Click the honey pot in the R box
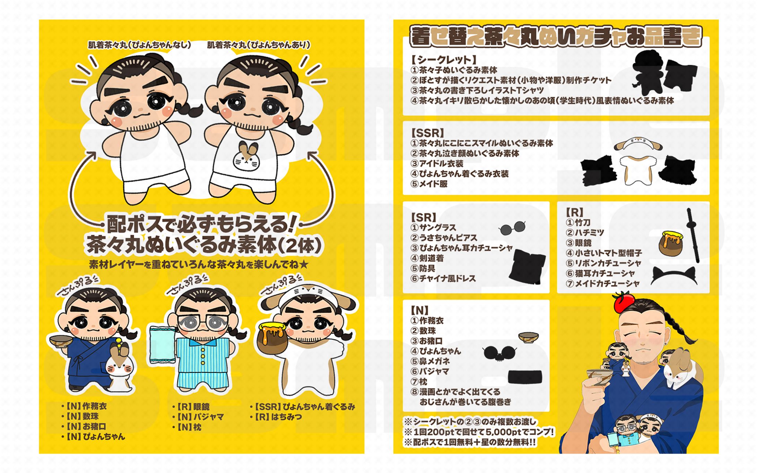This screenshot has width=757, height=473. pyautogui.click(x=671, y=244)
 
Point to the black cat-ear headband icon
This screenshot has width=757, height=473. pyautogui.click(x=674, y=275)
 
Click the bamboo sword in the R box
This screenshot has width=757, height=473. pyautogui.click(x=693, y=236)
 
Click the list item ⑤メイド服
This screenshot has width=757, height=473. pyautogui.click(x=429, y=184)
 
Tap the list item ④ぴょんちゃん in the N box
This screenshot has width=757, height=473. pyautogui.click(x=436, y=351)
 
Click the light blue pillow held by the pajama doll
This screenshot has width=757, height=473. pyautogui.click(x=162, y=345)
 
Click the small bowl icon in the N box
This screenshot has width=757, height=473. pyautogui.click(x=528, y=336)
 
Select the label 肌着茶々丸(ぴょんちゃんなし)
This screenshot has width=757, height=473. pyautogui.click(x=139, y=45)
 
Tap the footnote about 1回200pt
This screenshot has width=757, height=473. pyautogui.click(x=479, y=432)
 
